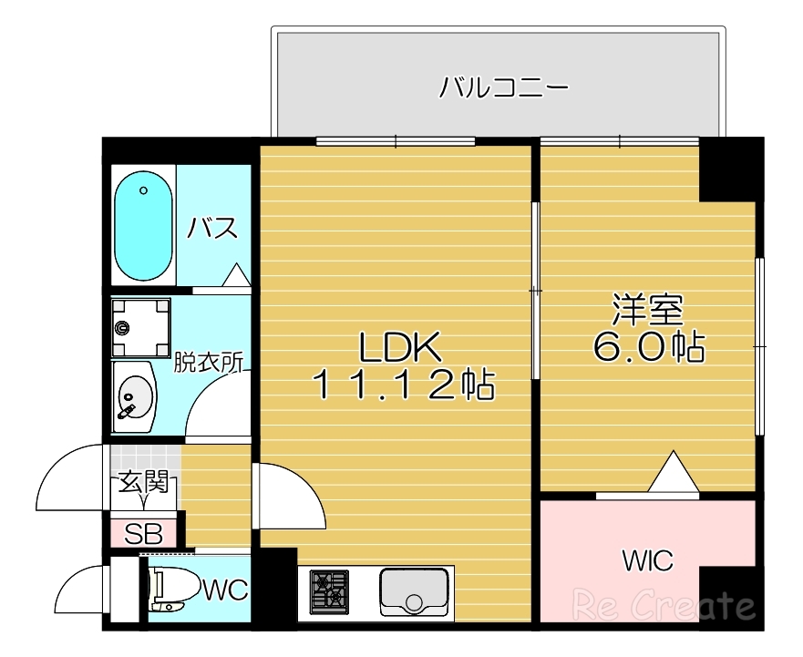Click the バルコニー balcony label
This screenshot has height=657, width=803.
click(x=503, y=87)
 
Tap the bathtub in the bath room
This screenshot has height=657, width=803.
click(x=143, y=223)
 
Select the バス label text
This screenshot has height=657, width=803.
click(x=213, y=228)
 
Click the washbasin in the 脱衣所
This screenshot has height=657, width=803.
click(x=134, y=397)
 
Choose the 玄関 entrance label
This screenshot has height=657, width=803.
click(x=143, y=482)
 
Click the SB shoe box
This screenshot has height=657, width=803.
click(x=143, y=532)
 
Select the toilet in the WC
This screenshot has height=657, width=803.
click(x=171, y=590)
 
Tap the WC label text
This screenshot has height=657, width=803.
click(x=224, y=590)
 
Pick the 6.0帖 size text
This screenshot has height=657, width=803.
click(x=648, y=347)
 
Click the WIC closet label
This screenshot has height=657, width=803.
click(x=648, y=560)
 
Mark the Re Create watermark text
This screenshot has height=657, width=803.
click(x=663, y=604)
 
